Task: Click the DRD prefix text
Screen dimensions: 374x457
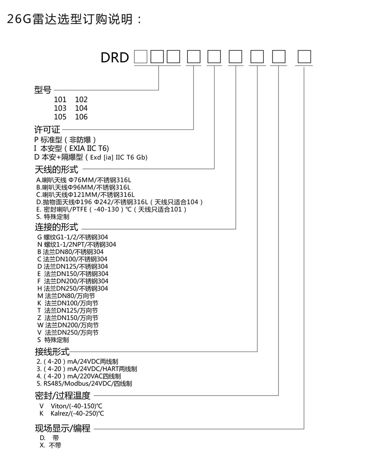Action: pos(115,57)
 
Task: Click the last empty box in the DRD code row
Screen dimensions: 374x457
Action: pos(304,57)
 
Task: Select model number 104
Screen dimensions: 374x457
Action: pos(81,108)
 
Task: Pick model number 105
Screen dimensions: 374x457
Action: pos(60,117)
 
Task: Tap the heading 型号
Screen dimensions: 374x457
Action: pos(43,90)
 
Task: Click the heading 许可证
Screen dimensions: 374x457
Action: pos(47,130)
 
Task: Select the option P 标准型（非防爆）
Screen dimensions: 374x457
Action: pos(65,140)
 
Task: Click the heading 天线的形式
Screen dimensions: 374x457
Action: pos(57,169)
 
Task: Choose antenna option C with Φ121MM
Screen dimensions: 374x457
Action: pos(85,195)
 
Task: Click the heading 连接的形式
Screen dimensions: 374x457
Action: pos(57,227)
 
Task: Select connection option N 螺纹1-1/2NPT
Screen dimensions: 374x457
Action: pos(76,245)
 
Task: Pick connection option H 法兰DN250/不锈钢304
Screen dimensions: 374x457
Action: pos(73,289)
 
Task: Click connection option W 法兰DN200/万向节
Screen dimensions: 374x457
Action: pos(68,325)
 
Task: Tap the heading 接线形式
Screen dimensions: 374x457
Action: pos(52,352)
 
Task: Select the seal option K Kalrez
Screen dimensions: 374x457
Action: pos(72,413)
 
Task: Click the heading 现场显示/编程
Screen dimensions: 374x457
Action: pos(63,428)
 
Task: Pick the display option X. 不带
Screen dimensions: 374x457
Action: pos(51,445)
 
